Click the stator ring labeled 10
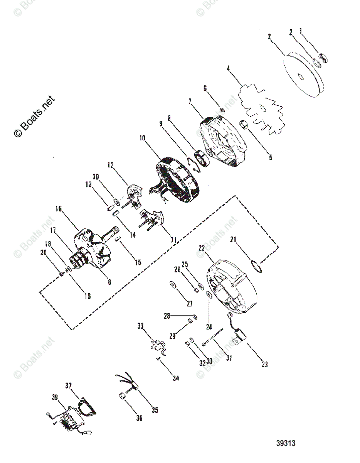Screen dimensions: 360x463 point(178,177)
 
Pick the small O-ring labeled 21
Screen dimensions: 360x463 point(257,266)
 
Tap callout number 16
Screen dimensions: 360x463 point(59,209)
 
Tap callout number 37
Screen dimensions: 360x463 point(69,385)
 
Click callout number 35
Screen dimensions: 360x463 point(154,410)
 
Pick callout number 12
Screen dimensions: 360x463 point(111,165)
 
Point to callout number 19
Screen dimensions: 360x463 point(87,296)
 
